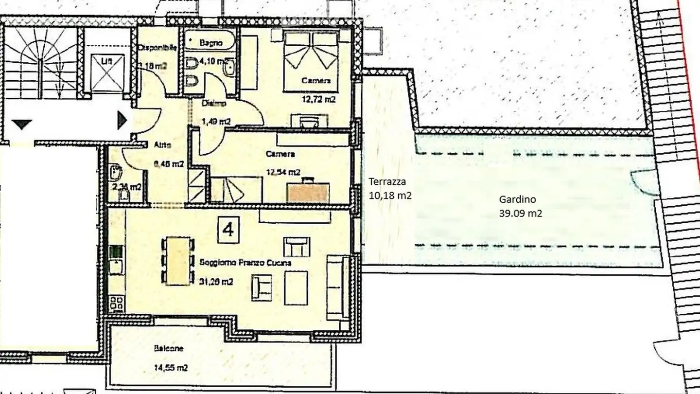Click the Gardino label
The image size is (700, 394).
(x=517, y=199)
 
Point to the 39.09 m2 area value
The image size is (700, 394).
(x=520, y=213)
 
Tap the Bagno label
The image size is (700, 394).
(x=211, y=43)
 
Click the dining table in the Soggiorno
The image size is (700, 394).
(x=177, y=261)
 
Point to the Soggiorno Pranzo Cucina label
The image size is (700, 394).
(x=245, y=263)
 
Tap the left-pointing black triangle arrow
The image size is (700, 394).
(x=21, y=125)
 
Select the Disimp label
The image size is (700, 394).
(x=211, y=103)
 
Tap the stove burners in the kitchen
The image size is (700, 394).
(x=116, y=304)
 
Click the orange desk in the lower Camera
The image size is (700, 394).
(x=308, y=192)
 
